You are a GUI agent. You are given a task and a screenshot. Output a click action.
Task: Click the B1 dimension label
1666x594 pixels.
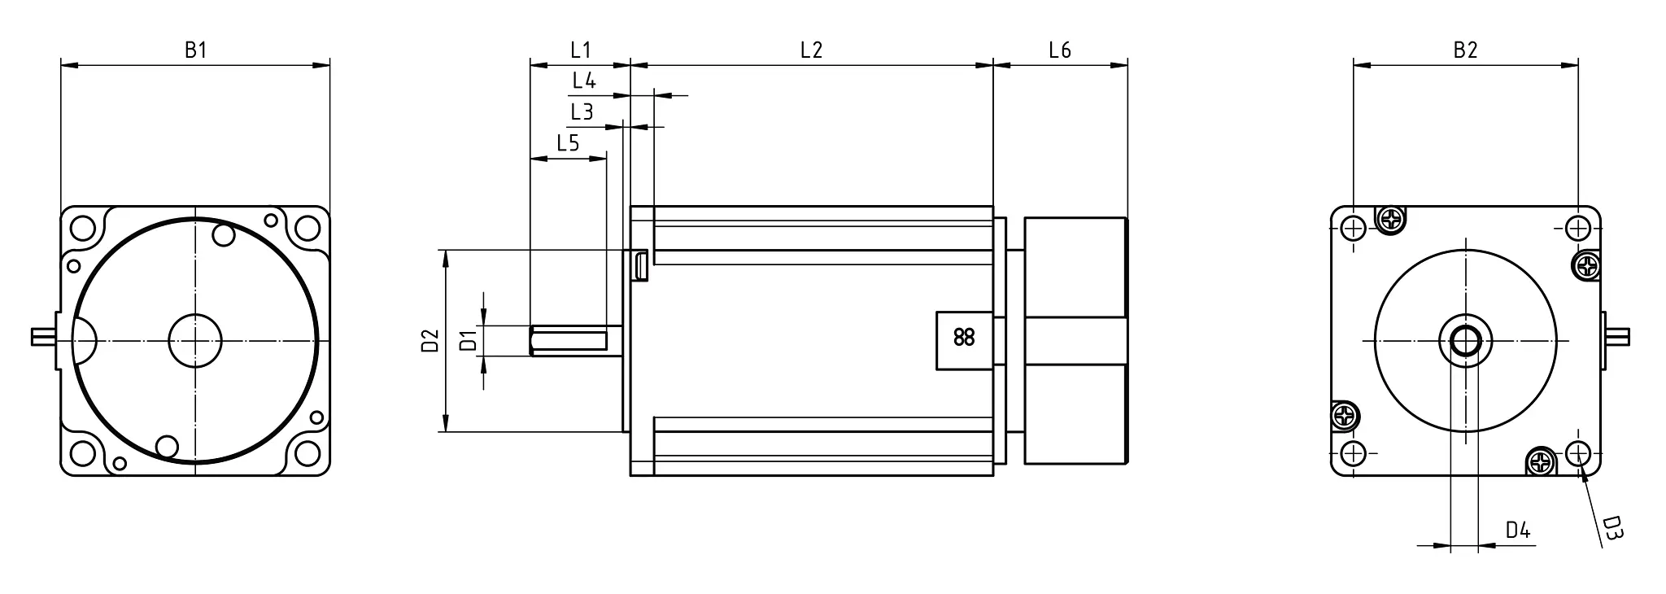(x=195, y=50)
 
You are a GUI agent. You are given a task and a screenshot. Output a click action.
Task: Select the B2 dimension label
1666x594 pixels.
(x=1465, y=50)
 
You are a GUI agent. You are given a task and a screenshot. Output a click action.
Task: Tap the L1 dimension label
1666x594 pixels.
(x=580, y=50)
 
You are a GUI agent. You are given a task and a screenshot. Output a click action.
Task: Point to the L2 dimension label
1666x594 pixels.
(x=811, y=50)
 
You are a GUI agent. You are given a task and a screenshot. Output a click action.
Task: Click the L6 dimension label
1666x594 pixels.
(x=1059, y=50)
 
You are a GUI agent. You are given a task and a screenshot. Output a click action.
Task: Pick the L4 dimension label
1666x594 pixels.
(x=584, y=81)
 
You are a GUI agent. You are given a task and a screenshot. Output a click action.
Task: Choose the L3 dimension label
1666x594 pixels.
(x=582, y=111)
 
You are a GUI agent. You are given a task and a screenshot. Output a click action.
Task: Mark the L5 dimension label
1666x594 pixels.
(x=568, y=144)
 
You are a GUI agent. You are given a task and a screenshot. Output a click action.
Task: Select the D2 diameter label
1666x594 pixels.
(x=430, y=340)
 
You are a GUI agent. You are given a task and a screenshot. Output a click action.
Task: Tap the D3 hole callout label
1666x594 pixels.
(x=1613, y=528)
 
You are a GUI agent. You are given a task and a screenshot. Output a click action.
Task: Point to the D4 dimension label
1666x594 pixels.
(x=1518, y=531)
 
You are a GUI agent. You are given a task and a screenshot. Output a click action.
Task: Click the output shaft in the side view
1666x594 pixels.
(x=569, y=340)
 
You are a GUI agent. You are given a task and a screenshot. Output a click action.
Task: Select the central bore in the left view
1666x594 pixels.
(x=195, y=340)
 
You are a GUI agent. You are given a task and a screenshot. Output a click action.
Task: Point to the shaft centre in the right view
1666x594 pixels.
(x=1465, y=340)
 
